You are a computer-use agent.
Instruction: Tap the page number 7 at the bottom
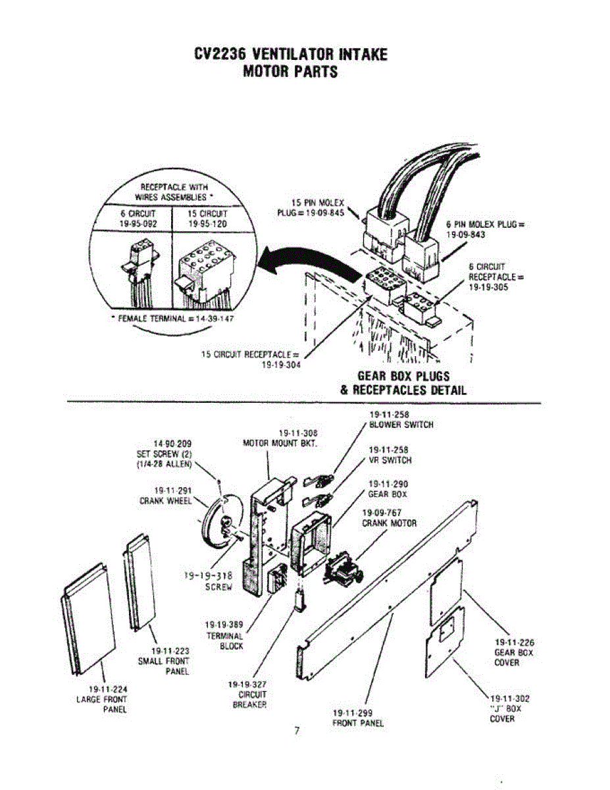[297, 730]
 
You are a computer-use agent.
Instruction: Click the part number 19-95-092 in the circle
[137, 223]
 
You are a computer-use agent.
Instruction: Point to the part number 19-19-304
[280, 367]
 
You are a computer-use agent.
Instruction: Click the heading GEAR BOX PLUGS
[403, 376]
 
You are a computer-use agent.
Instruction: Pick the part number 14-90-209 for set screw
[171, 444]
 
